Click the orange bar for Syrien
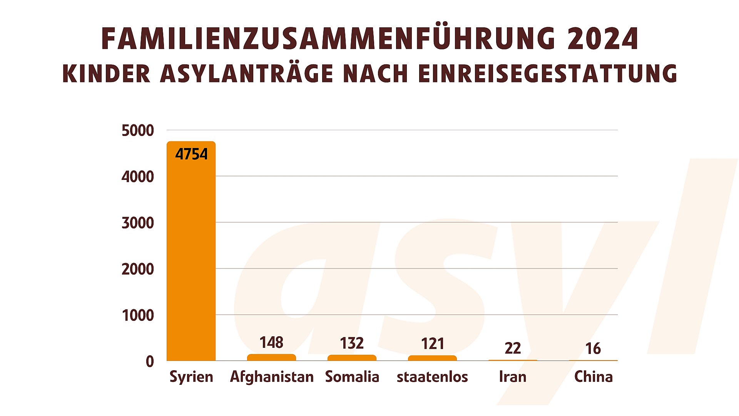(x=191, y=254)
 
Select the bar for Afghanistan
(x=271, y=357)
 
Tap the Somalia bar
(x=352, y=358)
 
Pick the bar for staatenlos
(x=432, y=358)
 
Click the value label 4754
(x=191, y=154)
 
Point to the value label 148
(x=271, y=342)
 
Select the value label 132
(x=352, y=343)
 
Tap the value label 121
(x=433, y=344)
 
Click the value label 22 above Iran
(x=513, y=348)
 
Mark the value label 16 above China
(x=593, y=349)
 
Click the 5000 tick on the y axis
(x=138, y=131)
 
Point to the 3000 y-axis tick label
(x=138, y=223)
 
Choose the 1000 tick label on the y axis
(x=138, y=315)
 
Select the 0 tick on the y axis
(x=150, y=362)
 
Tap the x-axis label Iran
(x=513, y=377)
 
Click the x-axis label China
(x=593, y=377)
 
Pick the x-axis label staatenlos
(x=432, y=377)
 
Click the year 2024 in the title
(x=603, y=39)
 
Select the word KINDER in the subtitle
(x=106, y=74)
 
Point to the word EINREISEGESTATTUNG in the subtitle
(x=547, y=74)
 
